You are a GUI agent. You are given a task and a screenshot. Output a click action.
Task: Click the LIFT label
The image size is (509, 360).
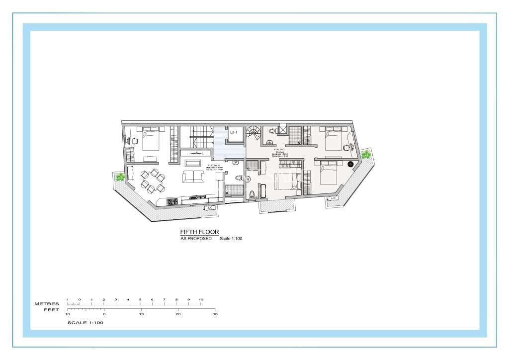pos(234,133)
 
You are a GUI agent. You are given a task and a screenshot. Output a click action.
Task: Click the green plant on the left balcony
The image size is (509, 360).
pos(120,177)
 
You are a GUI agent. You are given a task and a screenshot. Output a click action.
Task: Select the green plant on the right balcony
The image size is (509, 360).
pos(366,155)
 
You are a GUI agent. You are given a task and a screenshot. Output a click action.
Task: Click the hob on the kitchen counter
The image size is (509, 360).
pos(172,201)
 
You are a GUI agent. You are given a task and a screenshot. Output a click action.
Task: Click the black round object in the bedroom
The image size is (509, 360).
pos(350,164)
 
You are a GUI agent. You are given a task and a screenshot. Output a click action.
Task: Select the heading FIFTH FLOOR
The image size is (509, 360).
pos(199,232)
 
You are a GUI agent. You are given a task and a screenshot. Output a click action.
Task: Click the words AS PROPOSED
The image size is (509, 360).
pos(196,239)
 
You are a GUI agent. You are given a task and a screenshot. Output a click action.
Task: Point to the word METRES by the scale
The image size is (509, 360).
pos(47,304)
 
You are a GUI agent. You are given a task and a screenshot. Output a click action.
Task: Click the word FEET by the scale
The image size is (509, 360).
pos(51,309)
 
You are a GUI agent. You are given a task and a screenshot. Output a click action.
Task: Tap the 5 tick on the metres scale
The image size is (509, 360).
pos(140,300)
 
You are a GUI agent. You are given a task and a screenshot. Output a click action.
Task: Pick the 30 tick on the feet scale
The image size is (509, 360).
pos(215,314)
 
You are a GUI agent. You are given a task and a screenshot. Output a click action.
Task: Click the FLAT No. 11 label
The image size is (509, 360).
pos(279,149)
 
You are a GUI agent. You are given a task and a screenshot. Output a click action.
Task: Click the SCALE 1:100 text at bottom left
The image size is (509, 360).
pos(85,323)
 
